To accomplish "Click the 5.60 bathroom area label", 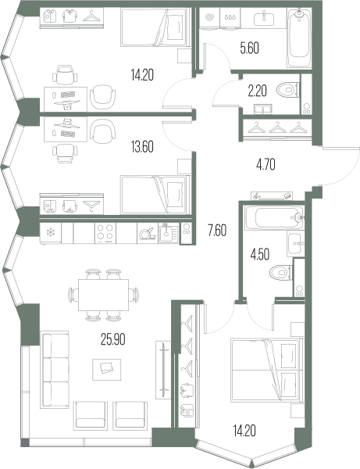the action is pyautogui.click(x=249, y=48).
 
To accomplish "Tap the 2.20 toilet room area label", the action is pyautogui.click(x=257, y=91).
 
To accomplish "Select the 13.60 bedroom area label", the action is pyautogui.click(x=142, y=147).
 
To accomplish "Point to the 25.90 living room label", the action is pyautogui.click(x=113, y=339).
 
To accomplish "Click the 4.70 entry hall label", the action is pyautogui.click(x=266, y=164).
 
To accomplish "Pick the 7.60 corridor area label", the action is pyautogui.click(x=217, y=231).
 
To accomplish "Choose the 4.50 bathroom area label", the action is pyautogui.click(x=260, y=255).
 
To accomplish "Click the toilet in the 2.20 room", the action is pyautogui.click(x=288, y=89).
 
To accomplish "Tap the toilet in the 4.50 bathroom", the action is pyautogui.click(x=281, y=273).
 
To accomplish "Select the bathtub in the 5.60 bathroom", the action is pyautogui.click(x=299, y=38).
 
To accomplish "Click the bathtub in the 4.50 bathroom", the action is pyautogui.click(x=274, y=217).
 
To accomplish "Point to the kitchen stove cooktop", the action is pyautogui.click(x=105, y=233).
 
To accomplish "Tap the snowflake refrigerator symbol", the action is pyautogui.click(x=51, y=232).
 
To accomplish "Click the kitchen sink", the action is pyautogui.click(x=169, y=233).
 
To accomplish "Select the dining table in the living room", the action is pyautogui.click(x=103, y=295).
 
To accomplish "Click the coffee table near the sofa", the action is pyautogui.click(x=107, y=370).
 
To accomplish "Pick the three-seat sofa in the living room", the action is pyautogui.click(x=55, y=370).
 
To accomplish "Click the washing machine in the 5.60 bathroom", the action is pyautogui.click(x=209, y=18).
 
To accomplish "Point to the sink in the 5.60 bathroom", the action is pyautogui.click(x=264, y=18).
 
